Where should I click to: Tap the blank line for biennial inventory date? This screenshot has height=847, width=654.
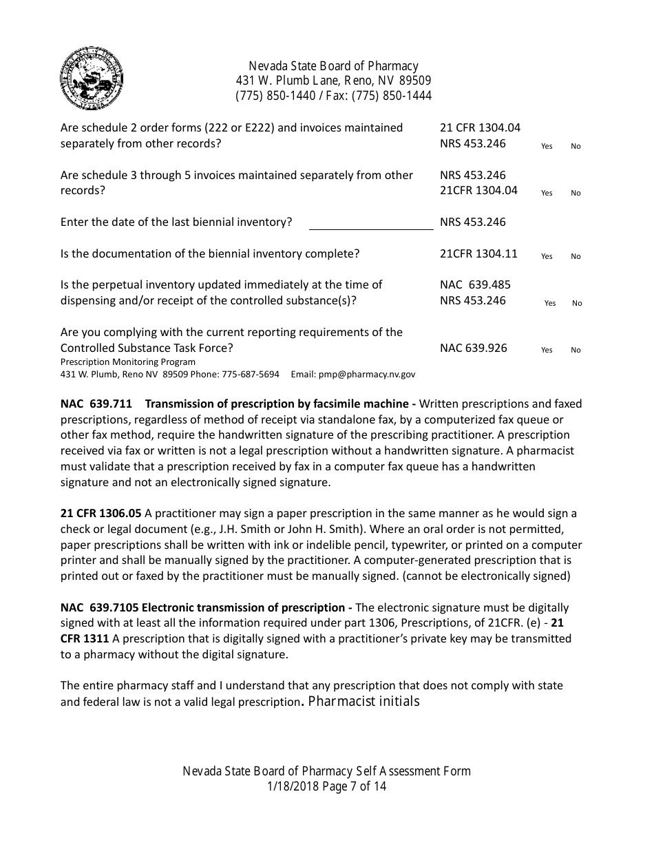(x=371, y=223)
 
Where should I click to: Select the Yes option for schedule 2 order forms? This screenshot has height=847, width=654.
(x=547, y=147)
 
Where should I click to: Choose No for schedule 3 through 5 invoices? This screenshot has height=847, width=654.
(x=576, y=194)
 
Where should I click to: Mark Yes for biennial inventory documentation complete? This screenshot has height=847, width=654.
(x=547, y=257)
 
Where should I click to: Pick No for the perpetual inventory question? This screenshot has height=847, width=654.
(x=577, y=304)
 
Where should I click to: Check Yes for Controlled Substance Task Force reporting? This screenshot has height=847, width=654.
(x=547, y=351)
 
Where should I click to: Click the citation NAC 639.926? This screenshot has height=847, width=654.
(x=474, y=348)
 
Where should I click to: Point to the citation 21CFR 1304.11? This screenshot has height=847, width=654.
(x=478, y=253)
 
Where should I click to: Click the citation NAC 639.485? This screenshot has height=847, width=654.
(x=475, y=284)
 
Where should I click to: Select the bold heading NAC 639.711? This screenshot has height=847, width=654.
(x=96, y=404)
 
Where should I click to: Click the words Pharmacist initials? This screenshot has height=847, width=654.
(x=364, y=702)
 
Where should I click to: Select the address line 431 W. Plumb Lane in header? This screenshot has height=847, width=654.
(x=333, y=81)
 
